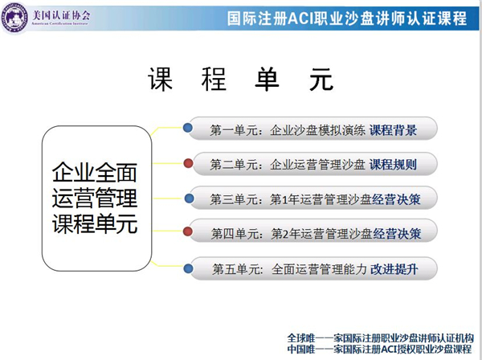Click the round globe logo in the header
pos(14,17)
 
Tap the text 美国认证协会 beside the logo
pos(62,14)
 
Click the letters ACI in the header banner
pos(300,18)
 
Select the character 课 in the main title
pos(160,79)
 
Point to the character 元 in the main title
pos(321,79)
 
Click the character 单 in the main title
pos(268,79)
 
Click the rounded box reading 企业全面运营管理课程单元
pos(97,198)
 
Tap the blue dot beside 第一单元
pos(188,127)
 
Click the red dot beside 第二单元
pos(188,163)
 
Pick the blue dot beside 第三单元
pos(189,198)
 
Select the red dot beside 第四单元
pos(188,231)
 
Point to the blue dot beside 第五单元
pos(188,268)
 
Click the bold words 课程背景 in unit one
pos(393,130)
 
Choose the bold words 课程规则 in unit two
pos(393,165)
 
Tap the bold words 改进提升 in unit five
pos(394,269)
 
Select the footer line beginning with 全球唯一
pos(381,338)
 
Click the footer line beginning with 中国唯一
pos(379,349)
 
